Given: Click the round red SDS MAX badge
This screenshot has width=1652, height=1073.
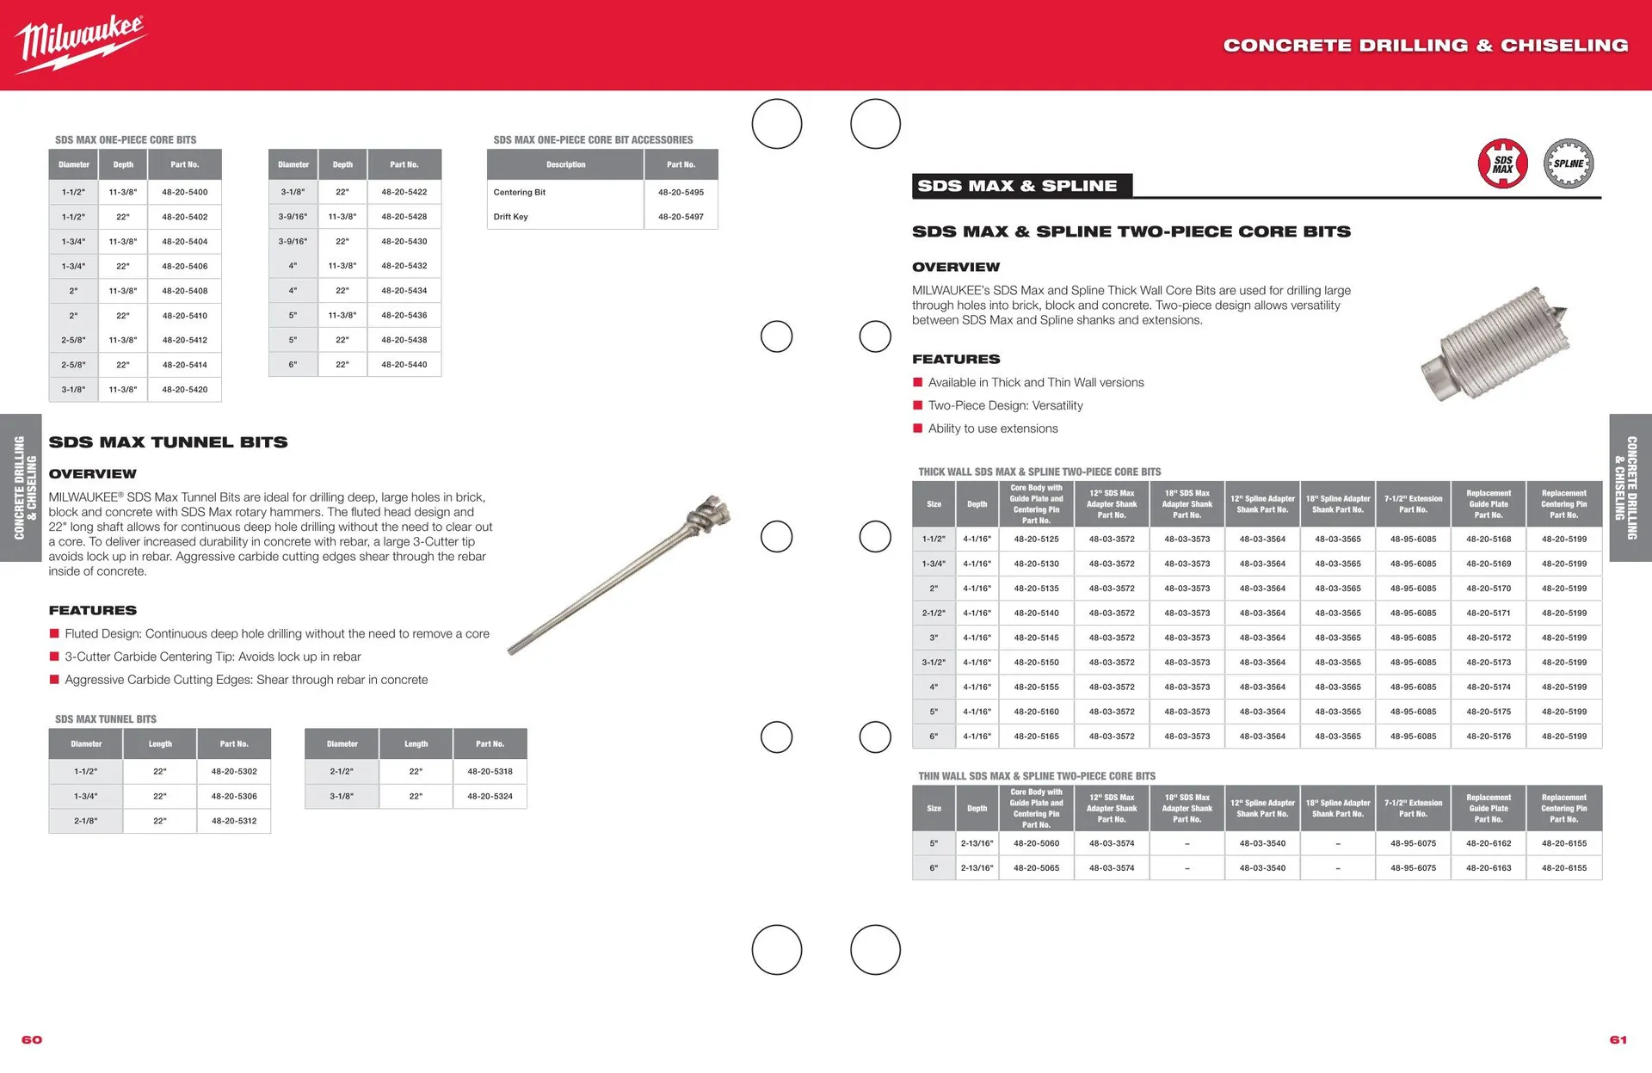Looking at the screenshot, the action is point(1502,163).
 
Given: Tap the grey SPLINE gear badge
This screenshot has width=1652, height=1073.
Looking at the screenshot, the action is point(1569,163).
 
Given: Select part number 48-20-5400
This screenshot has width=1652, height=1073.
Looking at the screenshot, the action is point(185,192).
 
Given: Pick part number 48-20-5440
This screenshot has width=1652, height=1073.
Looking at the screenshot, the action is point(404,365).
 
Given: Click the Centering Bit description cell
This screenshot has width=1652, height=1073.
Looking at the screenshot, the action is point(520,192).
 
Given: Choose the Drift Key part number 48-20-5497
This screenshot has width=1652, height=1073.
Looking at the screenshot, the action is point(681,217).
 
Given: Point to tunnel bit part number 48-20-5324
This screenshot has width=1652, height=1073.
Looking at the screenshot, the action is point(490,797).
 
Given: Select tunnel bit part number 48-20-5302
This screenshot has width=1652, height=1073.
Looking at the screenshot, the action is point(234,772).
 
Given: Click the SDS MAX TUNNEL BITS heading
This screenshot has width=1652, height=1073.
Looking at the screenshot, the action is point(169,442).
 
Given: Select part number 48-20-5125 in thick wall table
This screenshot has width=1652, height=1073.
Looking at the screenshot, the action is point(1036,540).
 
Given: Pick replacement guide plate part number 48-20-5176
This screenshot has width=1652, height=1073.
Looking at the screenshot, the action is point(1489,737).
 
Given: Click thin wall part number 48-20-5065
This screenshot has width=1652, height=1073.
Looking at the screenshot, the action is point(1036,868).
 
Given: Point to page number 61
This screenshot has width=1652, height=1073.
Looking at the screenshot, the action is point(1618,1039).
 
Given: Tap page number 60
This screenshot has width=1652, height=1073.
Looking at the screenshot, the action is point(32,1039).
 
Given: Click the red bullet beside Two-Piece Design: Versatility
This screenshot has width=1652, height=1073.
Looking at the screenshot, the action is point(917,405).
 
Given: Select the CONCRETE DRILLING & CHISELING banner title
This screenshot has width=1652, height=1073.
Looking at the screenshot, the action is point(1426,45).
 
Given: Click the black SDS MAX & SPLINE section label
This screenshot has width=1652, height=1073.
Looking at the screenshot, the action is point(1022,186).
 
